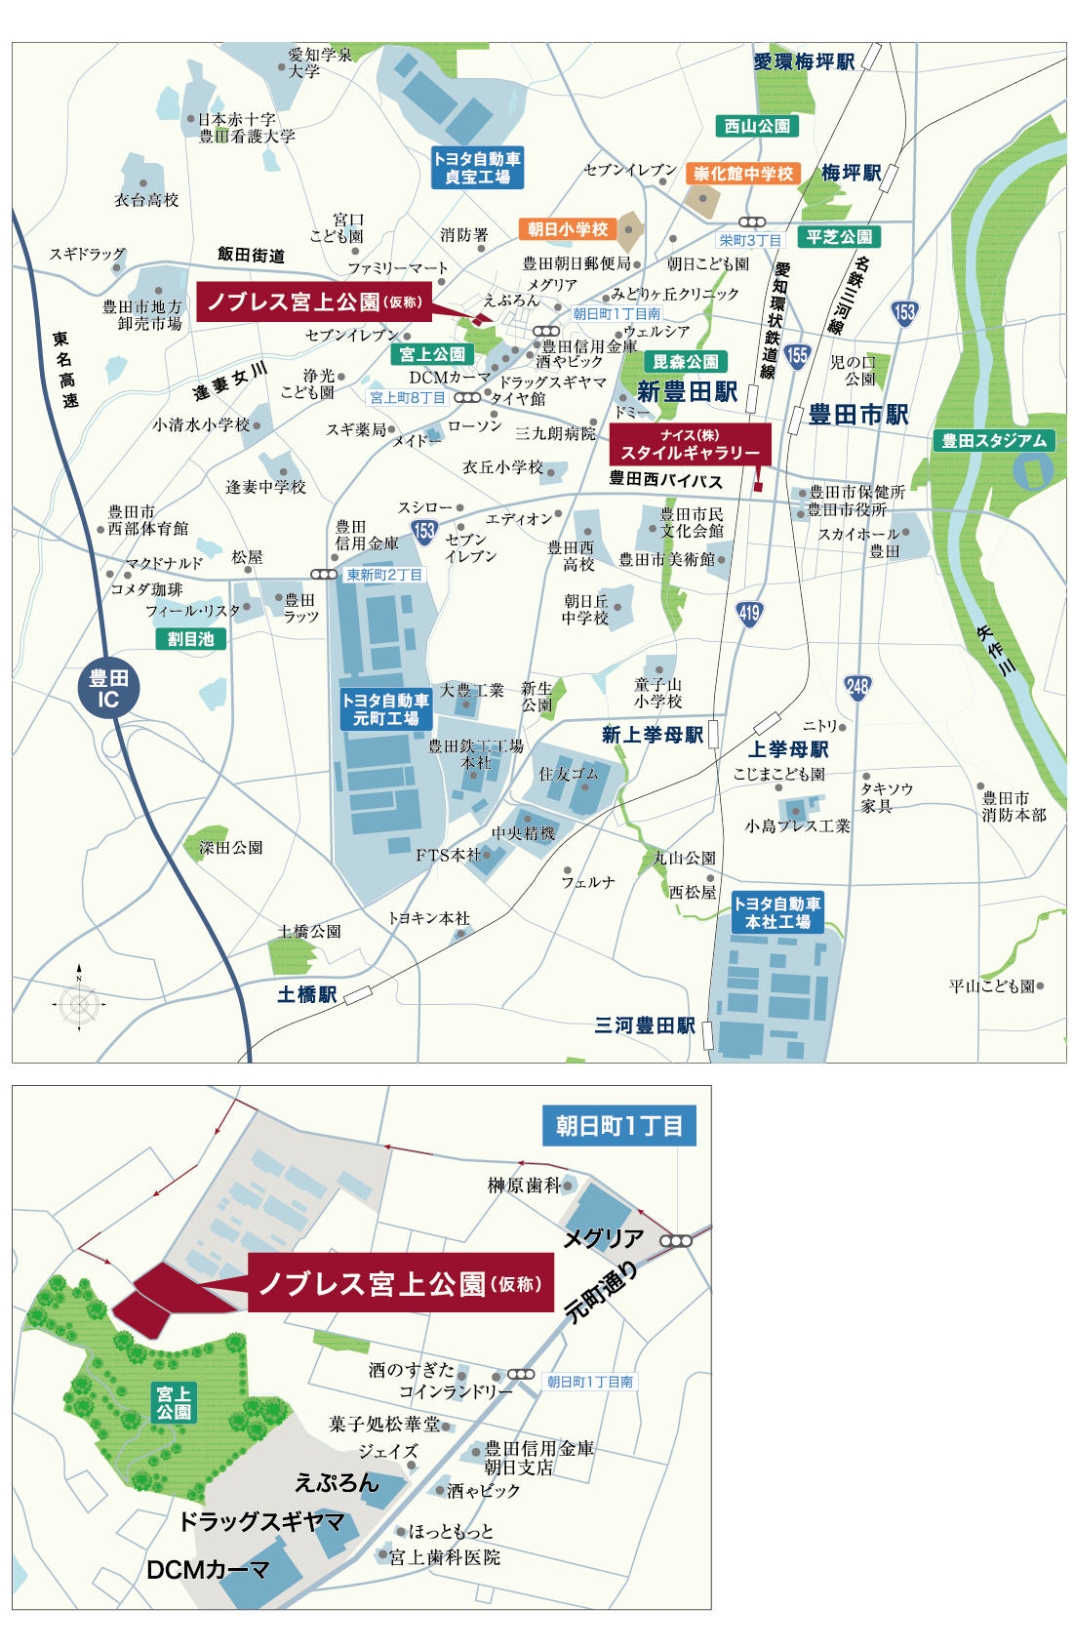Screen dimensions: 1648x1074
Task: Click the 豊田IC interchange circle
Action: pyautogui.click(x=108, y=688)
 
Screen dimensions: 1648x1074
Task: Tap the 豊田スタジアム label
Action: pyautogui.click(x=994, y=441)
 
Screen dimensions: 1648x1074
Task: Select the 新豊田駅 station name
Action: pyautogui.click(x=687, y=392)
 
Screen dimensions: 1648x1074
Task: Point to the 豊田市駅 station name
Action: pyautogui.click(x=858, y=415)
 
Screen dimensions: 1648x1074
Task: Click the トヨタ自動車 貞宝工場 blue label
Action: pyautogui.click(x=478, y=168)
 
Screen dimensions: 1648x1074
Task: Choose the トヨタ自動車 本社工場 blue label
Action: pyautogui.click(x=777, y=913)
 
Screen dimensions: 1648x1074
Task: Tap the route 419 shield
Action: pyautogui.click(x=749, y=613)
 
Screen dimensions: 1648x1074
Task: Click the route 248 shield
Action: pyautogui.click(x=857, y=687)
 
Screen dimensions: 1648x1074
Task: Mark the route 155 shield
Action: pyautogui.click(x=797, y=355)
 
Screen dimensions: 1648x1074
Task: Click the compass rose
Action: pyautogui.click(x=80, y=1003)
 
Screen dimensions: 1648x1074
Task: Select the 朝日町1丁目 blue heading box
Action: pyautogui.click(x=619, y=1126)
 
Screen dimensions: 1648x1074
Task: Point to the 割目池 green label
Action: pyautogui.click(x=191, y=639)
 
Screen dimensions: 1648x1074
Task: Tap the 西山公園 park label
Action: pyautogui.click(x=757, y=126)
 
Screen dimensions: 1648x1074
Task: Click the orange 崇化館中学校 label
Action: pyautogui.click(x=743, y=174)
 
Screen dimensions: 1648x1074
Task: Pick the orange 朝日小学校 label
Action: pyautogui.click(x=568, y=229)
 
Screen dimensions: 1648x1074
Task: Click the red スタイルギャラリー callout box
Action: pyautogui.click(x=691, y=445)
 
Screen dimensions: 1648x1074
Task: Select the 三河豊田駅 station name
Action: pyautogui.click(x=645, y=1025)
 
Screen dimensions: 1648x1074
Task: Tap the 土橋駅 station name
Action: pyautogui.click(x=306, y=994)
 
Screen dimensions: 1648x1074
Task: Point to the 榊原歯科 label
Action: pyautogui.click(x=525, y=1186)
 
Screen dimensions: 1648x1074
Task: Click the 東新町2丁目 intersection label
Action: pyautogui.click(x=384, y=575)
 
